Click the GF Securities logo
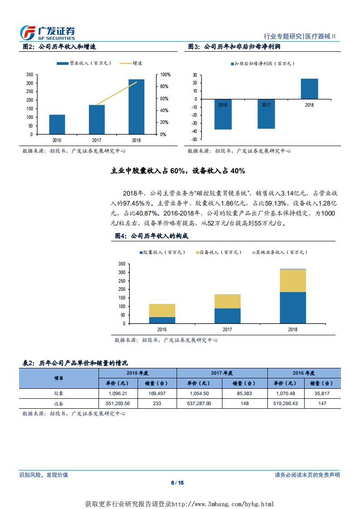pyautogui.click(x=48, y=33)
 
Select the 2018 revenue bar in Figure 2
pyautogui.click(x=136, y=107)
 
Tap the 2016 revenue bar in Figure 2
pyautogui.click(x=57, y=124)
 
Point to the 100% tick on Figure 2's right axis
pyautogui.click(x=165, y=74)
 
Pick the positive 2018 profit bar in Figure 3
pyautogui.click(x=309, y=89)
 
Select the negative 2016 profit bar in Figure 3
pyautogui.click(x=223, y=114)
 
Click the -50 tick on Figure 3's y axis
pyautogui.click(x=194, y=139)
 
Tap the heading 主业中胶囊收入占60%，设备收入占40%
pyautogui.click(x=178, y=171)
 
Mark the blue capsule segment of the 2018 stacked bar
pyautogui.click(x=293, y=308)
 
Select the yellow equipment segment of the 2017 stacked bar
pyautogui.click(x=227, y=301)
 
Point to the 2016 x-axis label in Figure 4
pyautogui.click(x=162, y=329)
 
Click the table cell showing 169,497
pyautogui.click(x=158, y=393)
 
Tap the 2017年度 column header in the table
pyautogui.click(x=222, y=373)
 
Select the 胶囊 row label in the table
pyautogui.click(x=59, y=393)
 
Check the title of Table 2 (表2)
pyautogui.click(x=75, y=363)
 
